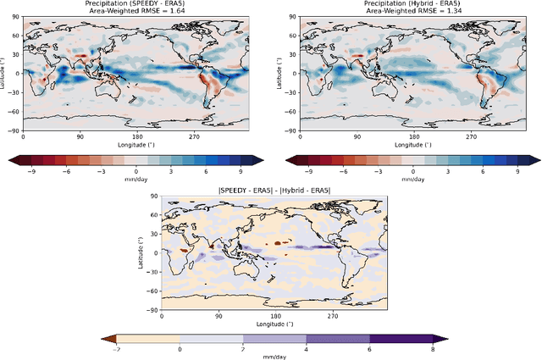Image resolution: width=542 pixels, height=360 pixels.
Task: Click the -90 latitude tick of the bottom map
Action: (x=154, y=309)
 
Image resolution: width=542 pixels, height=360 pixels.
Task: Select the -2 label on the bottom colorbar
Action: (x=116, y=349)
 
